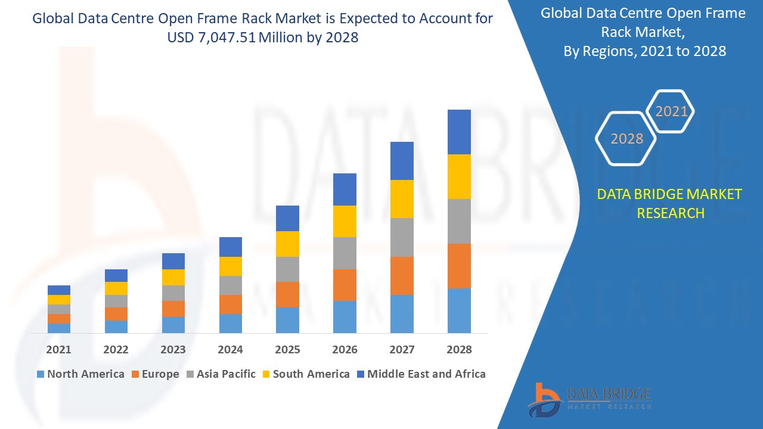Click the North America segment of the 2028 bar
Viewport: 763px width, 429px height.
[x=459, y=310]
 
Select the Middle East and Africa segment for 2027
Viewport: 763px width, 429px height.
[x=402, y=161]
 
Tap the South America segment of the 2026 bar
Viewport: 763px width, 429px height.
[x=345, y=221]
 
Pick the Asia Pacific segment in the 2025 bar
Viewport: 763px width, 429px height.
[x=287, y=269]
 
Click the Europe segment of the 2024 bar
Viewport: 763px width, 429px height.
[x=231, y=304]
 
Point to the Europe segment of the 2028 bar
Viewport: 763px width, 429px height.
[x=459, y=266]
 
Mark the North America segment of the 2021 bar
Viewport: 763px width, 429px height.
[x=59, y=328]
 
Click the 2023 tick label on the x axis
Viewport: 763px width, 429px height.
[x=173, y=350]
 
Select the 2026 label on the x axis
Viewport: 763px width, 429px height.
[x=345, y=350]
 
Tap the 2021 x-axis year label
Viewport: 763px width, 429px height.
[x=59, y=350]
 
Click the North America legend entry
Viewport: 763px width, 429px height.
[x=80, y=374]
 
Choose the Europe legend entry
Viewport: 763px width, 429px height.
[x=154, y=374]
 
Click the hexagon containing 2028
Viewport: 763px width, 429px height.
[x=626, y=138]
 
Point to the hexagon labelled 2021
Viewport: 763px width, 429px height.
[x=671, y=111]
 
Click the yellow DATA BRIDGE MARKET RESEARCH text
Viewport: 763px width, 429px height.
[x=670, y=203]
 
